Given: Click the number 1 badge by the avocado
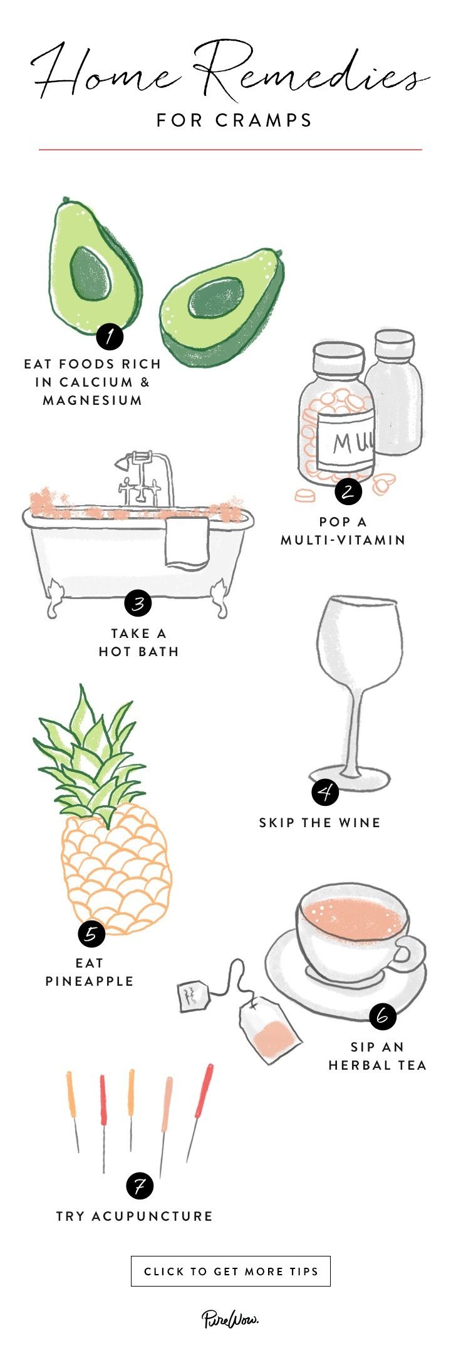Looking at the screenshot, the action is pyautogui.click(x=110, y=337).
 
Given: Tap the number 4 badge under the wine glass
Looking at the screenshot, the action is pyautogui.click(x=325, y=792).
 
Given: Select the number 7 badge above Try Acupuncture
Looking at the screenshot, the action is pyautogui.click(x=139, y=1186).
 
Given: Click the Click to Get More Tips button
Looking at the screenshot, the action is pyautogui.click(x=230, y=1271).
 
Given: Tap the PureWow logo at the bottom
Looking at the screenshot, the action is pyautogui.click(x=230, y=1319).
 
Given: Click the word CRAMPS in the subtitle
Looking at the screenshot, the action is pyautogui.click(x=264, y=120).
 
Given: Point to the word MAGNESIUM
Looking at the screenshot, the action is pyautogui.click(x=93, y=400).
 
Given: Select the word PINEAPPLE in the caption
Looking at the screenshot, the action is pyautogui.click(x=90, y=981).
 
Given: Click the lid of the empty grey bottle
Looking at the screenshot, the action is pyautogui.click(x=394, y=344).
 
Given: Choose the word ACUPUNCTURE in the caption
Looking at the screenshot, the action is pyautogui.click(x=152, y=1216).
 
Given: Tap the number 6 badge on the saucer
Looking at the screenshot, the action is pyautogui.click(x=382, y=1016).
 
